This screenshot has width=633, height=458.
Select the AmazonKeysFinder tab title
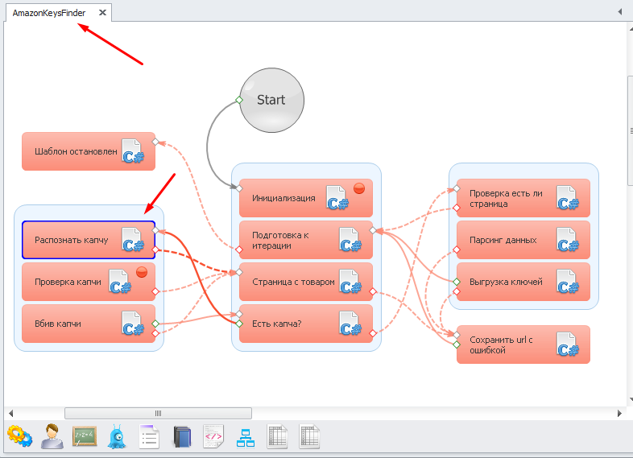[x=49, y=13]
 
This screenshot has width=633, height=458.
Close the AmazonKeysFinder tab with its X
[x=102, y=13]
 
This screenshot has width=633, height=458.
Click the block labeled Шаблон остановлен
[x=77, y=151]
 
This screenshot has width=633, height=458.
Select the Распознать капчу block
[x=72, y=240]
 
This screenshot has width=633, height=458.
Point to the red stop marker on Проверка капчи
[x=141, y=272]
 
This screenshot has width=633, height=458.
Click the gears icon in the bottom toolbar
[x=19, y=436]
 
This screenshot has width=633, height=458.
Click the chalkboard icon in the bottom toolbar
[x=85, y=436]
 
